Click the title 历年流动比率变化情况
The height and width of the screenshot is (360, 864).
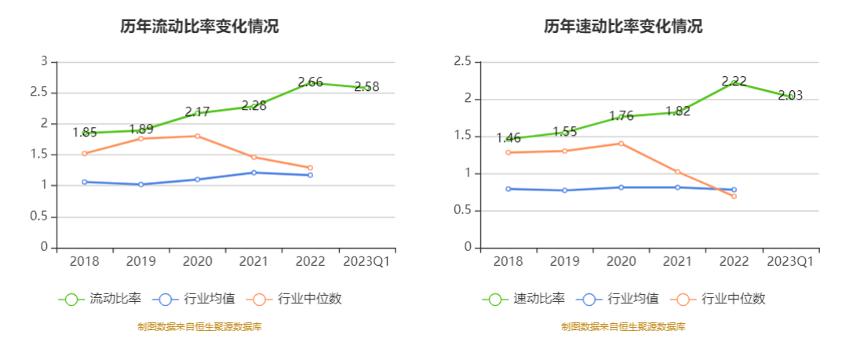pyautogui.click(x=199, y=26)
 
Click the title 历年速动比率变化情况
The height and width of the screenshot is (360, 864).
pyautogui.click(x=623, y=26)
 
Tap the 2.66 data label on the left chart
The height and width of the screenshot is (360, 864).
pyautogui.click(x=310, y=82)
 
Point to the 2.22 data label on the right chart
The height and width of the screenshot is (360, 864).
pyautogui.click(x=734, y=81)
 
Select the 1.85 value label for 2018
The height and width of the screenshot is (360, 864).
pyautogui.click(x=85, y=133)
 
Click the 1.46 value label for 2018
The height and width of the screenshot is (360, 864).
pyautogui.click(x=509, y=138)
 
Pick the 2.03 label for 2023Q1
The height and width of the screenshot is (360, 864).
pyautogui.click(x=790, y=96)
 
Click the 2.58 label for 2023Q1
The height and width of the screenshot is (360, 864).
pyautogui.click(x=366, y=87)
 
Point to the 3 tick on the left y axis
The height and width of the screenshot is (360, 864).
pyautogui.click(x=44, y=61)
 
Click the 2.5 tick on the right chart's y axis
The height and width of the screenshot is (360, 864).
pyautogui.click(x=463, y=61)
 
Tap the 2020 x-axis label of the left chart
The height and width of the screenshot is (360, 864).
pyautogui.click(x=197, y=261)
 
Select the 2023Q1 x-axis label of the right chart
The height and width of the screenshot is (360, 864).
pyautogui.click(x=790, y=261)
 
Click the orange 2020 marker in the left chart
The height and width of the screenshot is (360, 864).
pyautogui.click(x=197, y=136)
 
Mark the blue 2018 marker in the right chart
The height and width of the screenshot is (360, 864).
pyautogui.click(x=509, y=188)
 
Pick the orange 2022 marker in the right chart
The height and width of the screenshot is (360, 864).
pyautogui.click(x=734, y=196)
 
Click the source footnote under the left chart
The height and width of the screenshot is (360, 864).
pyautogui.click(x=199, y=327)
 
